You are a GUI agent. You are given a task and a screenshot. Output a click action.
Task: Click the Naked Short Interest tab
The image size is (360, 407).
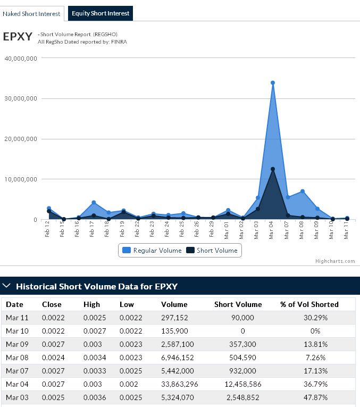32,13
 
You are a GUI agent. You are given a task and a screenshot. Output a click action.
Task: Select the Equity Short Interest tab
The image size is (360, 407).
100,13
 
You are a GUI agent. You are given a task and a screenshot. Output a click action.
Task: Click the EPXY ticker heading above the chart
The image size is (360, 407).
18,37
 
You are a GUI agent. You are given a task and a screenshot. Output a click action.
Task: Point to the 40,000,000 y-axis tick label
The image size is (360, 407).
20,58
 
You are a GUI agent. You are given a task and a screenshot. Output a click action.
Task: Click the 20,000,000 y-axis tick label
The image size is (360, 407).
20,139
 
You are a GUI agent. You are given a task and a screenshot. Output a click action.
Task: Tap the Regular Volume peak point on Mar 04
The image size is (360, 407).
273,82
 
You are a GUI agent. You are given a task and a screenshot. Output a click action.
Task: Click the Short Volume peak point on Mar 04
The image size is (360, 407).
273,169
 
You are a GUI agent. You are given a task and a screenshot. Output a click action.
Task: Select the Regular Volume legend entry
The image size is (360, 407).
152,250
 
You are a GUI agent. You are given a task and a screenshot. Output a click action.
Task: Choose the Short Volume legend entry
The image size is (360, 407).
212,250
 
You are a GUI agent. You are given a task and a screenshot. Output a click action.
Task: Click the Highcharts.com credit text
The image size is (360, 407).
334,261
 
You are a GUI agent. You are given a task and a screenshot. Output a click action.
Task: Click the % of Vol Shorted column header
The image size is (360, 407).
309,304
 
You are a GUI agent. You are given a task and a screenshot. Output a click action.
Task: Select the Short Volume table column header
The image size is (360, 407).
238,304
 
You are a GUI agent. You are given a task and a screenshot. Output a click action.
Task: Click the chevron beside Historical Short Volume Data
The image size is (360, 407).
7,286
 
